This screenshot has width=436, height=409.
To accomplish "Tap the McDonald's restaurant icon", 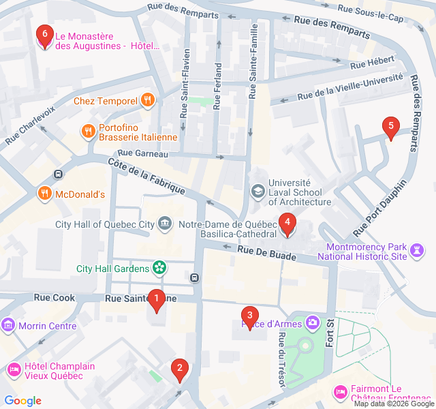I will (x=44, y=194).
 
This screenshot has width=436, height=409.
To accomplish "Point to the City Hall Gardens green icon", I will (x=159, y=268).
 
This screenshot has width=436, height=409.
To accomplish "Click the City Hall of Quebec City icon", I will (x=165, y=224).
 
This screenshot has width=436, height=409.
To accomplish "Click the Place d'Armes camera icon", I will (x=313, y=322).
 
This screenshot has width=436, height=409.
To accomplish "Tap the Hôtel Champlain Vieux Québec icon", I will (x=14, y=370).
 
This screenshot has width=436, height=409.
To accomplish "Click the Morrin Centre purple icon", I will (x=9, y=325).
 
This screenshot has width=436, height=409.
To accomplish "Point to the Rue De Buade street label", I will (x=267, y=253).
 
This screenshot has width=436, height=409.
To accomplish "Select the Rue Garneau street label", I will (x=142, y=154).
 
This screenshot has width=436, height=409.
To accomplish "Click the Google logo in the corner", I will (x=23, y=400).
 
